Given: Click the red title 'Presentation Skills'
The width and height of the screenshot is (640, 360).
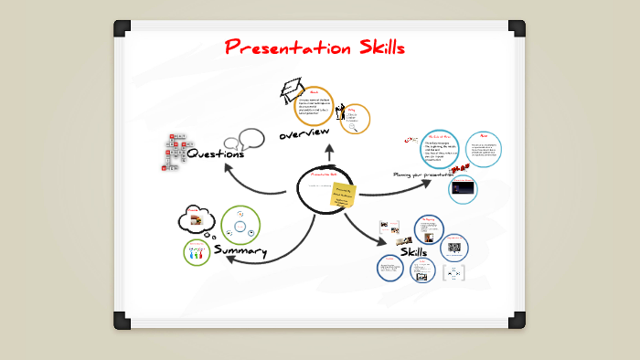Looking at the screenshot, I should click(315, 47).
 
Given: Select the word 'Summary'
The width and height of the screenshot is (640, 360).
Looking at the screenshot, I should click(240, 250).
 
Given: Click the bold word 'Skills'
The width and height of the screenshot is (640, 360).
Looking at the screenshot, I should click(413, 251).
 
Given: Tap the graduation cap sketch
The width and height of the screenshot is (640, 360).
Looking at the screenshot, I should click(292, 89).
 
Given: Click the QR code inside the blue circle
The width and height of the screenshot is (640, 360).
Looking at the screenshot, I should click(453, 247).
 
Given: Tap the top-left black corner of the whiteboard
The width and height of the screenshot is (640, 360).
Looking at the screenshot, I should click(122, 27).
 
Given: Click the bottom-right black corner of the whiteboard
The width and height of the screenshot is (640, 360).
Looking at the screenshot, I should click(517, 320).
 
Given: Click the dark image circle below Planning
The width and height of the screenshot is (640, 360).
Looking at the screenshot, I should click(464, 189).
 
